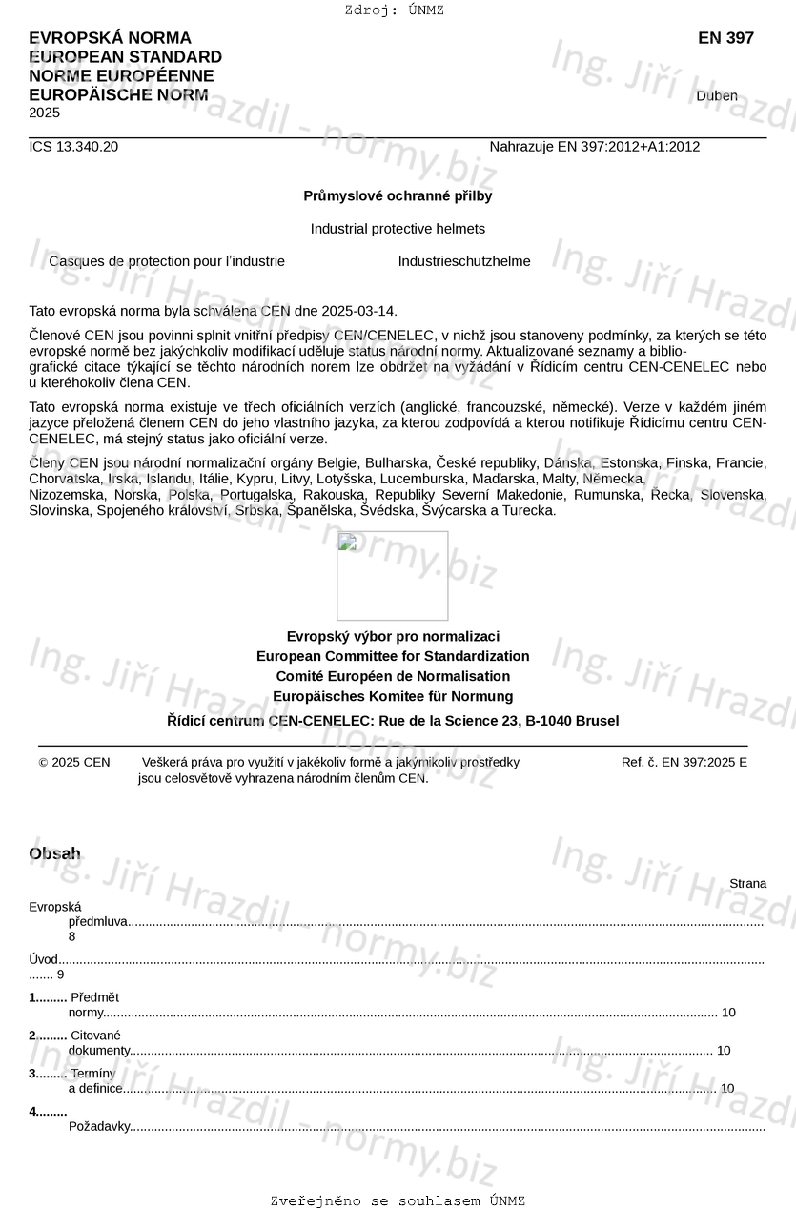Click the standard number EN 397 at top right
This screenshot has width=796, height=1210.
[x=725, y=38]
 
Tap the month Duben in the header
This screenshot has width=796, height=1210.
[x=716, y=96]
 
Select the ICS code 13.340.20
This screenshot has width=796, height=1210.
[x=73, y=147]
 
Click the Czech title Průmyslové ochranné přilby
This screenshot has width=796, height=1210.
[x=398, y=195]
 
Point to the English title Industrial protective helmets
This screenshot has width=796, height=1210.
[x=398, y=229]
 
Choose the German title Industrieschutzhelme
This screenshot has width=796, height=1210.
[x=464, y=261]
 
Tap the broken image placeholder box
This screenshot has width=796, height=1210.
[x=392, y=576]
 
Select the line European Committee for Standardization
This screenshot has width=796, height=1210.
[x=393, y=656]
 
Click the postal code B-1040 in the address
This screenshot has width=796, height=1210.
[x=547, y=721]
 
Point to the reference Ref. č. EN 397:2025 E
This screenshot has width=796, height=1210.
[x=684, y=762]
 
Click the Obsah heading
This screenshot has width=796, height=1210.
[x=54, y=853]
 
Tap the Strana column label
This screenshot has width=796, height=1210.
[x=747, y=884]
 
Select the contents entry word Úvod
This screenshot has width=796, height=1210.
[x=44, y=960]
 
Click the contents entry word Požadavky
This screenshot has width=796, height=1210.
[x=99, y=1126]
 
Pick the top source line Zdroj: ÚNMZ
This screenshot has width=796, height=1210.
[x=394, y=10]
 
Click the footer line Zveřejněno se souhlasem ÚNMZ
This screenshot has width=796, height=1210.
[x=398, y=1200]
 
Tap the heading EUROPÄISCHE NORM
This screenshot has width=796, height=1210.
[x=118, y=95]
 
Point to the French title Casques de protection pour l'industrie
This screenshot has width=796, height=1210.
[x=167, y=261]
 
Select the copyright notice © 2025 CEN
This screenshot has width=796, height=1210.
[x=74, y=762]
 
